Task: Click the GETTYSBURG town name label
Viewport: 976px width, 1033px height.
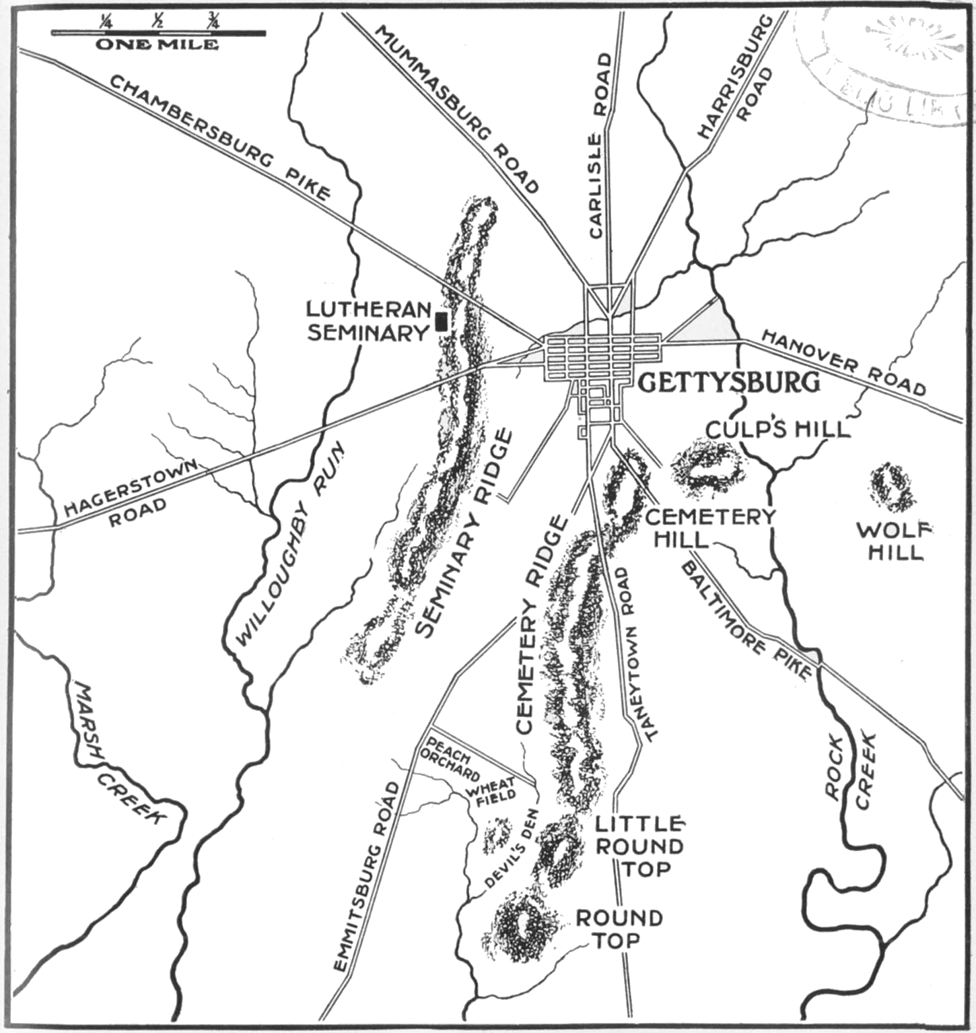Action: click(729, 382)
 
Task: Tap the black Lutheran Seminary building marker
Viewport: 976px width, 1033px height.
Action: click(442, 321)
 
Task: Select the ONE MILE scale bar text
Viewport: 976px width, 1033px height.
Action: click(158, 45)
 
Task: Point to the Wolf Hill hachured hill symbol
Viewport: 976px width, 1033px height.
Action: click(892, 487)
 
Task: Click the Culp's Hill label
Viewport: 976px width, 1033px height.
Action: click(777, 428)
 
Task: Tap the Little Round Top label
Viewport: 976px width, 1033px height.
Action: click(639, 846)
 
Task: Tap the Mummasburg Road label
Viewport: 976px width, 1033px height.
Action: click(457, 109)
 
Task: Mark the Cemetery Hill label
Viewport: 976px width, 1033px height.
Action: click(709, 527)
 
